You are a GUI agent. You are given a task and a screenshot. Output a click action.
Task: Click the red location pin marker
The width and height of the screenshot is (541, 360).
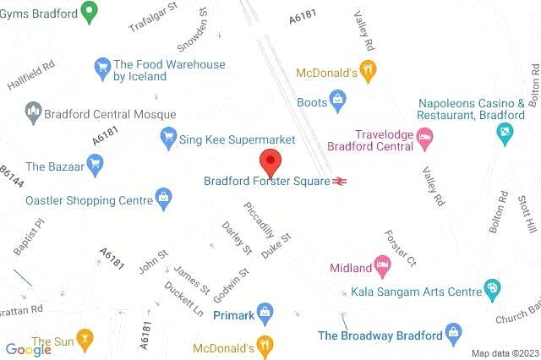270,160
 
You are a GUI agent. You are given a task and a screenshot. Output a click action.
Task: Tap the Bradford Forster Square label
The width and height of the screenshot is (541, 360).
267,180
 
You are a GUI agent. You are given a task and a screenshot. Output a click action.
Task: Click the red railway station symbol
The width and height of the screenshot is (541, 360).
341,180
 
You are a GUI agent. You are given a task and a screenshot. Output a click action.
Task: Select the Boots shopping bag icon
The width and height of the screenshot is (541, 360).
337,102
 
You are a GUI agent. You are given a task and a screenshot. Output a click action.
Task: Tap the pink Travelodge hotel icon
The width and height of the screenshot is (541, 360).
424,135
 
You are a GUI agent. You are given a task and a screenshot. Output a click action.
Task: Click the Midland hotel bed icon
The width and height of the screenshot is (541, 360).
384,267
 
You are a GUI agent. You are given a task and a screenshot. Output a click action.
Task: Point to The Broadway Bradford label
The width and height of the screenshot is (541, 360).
380,335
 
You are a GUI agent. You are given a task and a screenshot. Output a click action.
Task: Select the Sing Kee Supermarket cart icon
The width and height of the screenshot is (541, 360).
167,137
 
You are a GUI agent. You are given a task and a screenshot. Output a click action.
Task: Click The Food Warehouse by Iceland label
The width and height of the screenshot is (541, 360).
170,70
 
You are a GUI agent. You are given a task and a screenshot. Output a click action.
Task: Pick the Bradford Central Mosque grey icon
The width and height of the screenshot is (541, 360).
34,110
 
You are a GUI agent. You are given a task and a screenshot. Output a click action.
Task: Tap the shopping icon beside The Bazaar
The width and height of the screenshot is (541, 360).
97,166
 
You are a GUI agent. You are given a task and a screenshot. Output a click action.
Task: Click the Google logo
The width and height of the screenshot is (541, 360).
28,349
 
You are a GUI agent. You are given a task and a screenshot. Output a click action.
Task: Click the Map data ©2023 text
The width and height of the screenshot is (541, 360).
505,352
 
